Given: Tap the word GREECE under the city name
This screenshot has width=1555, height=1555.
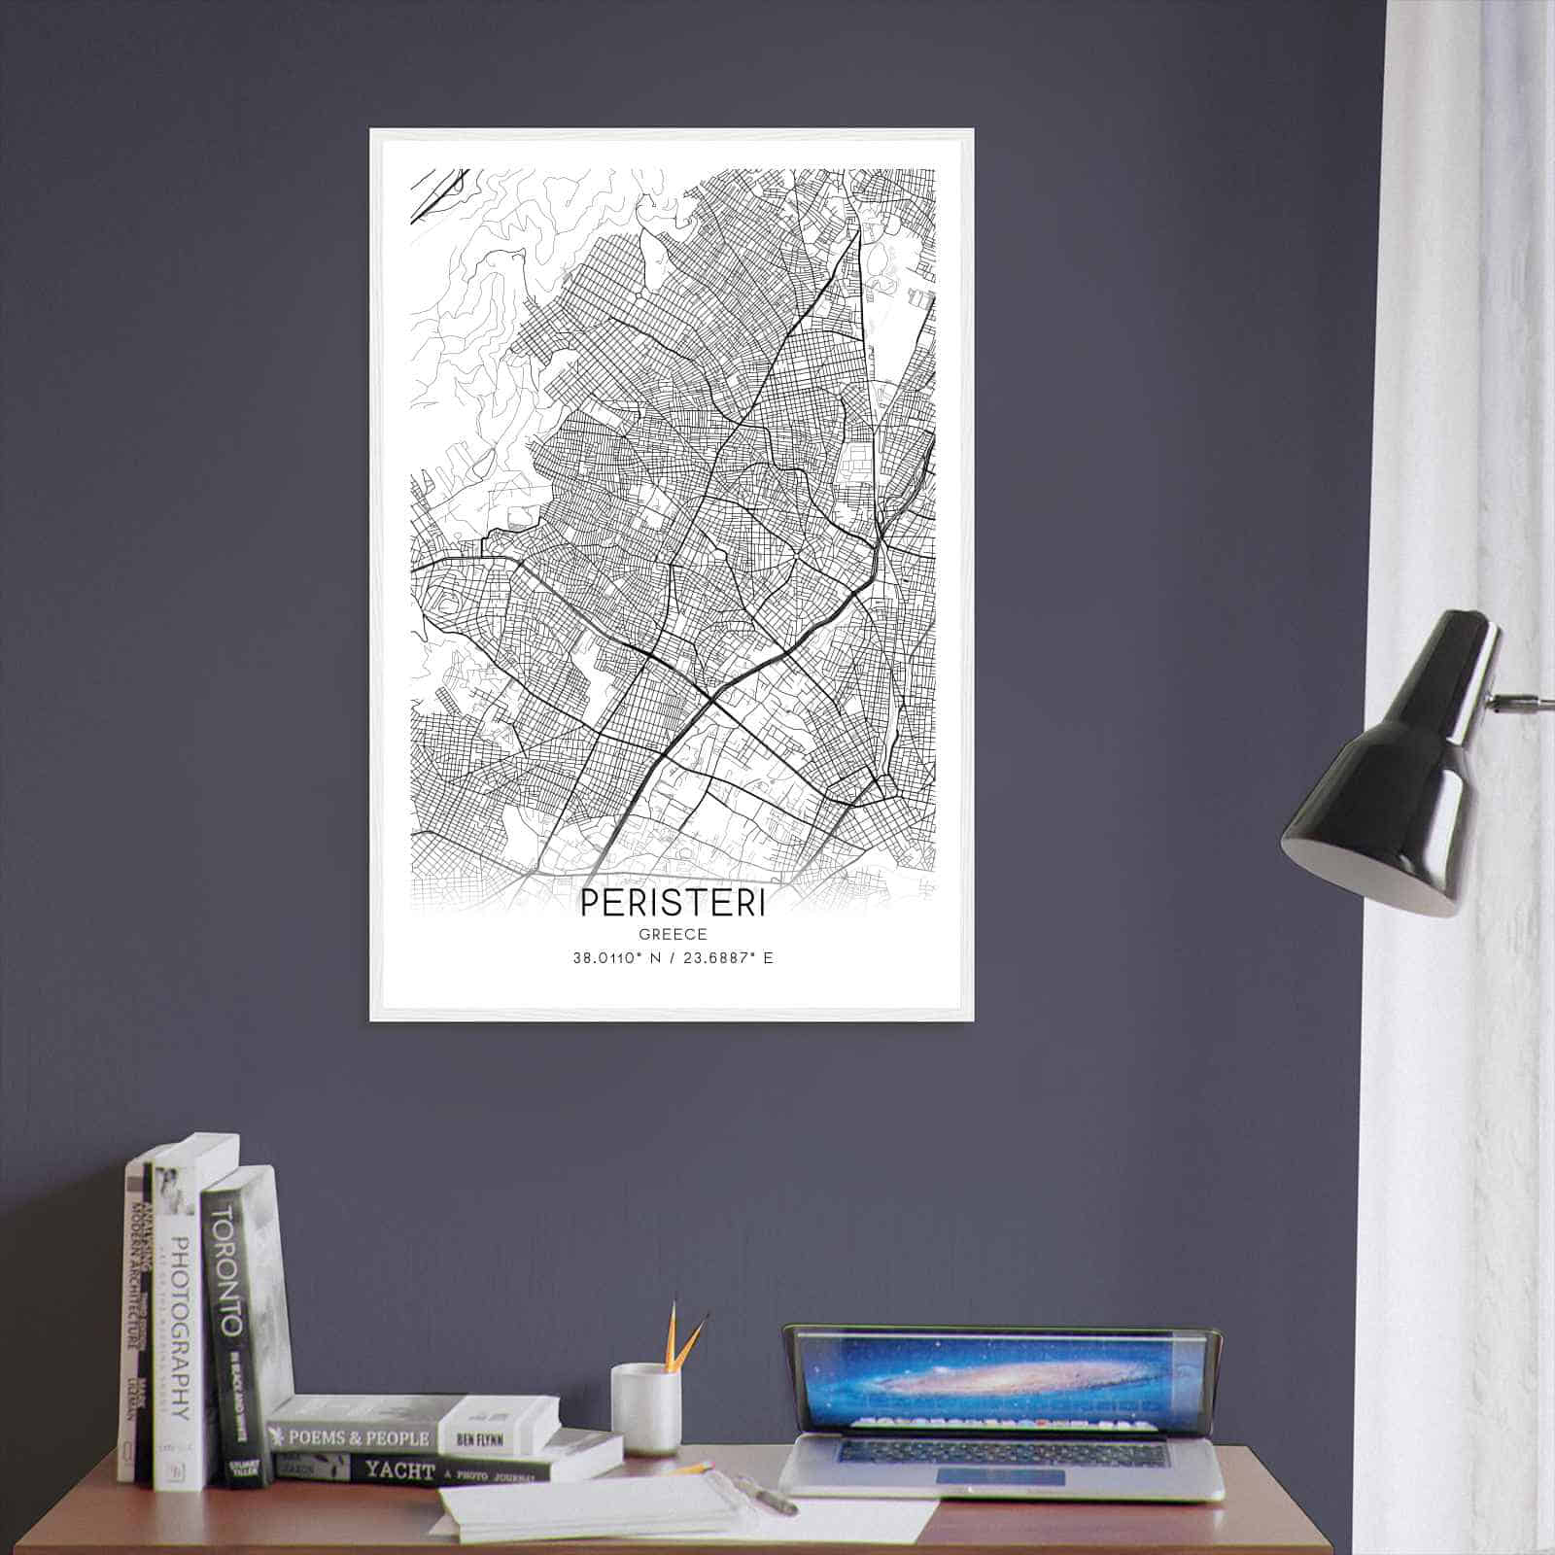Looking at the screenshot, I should (x=673, y=934).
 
